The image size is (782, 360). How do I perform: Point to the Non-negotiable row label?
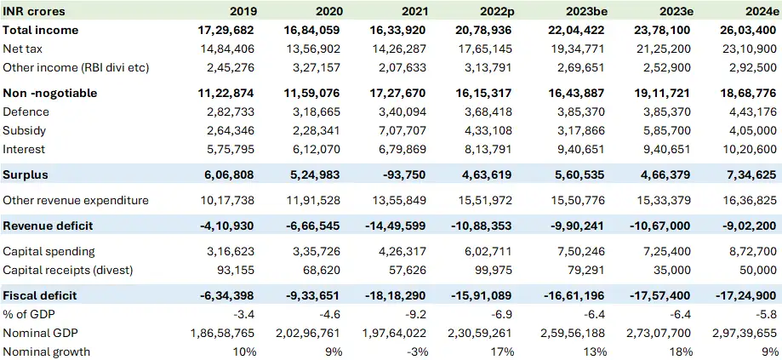click(x=50, y=93)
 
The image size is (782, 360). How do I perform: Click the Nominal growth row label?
click(x=47, y=351)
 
